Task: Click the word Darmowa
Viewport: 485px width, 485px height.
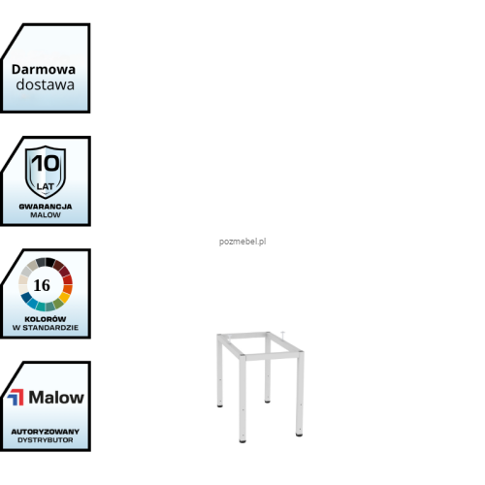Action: (44, 70)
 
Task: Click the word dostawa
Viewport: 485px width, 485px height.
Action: (46, 84)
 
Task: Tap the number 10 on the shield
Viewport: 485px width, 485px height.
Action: (46, 163)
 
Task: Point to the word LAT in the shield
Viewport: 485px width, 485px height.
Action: (46, 186)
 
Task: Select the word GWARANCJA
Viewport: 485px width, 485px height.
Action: (46, 207)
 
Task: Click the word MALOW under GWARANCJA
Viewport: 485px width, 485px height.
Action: (46, 215)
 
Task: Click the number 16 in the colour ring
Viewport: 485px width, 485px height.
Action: (42, 285)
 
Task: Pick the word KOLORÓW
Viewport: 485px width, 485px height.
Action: (46, 319)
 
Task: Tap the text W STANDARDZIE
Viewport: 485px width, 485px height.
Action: (46, 328)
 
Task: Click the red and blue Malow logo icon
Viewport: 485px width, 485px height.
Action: (16, 398)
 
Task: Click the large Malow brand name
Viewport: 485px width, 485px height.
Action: (56, 398)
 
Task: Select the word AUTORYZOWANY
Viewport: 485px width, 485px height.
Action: (46, 432)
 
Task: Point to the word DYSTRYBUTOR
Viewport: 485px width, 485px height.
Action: (46, 440)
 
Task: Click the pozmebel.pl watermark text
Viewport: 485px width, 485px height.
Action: (242, 242)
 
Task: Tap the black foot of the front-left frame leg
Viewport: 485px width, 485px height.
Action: (242, 440)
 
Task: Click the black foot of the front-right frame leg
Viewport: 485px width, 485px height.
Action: (299, 435)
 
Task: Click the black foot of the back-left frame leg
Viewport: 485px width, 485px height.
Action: (220, 405)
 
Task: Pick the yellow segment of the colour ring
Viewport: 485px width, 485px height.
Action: (64, 297)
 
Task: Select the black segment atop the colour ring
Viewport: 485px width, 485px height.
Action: (50, 262)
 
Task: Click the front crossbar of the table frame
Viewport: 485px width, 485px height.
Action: (271, 356)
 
